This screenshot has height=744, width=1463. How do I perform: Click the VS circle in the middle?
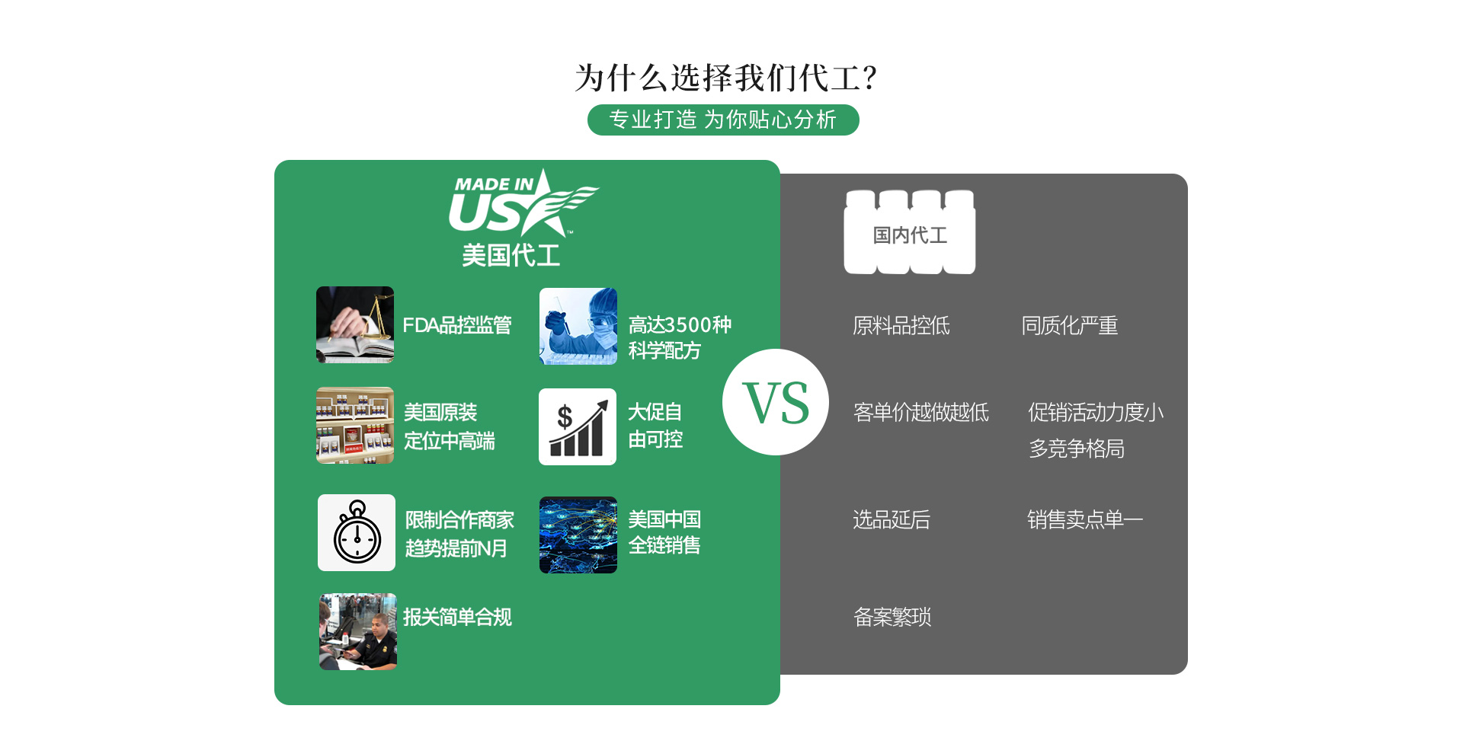(x=776, y=402)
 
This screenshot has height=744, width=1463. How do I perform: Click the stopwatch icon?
(x=357, y=532)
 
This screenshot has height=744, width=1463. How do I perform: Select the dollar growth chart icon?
(x=578, y=426)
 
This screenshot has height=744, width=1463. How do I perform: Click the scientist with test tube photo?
(x=578, y=326)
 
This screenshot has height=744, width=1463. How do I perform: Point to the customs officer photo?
(x=357, y=631)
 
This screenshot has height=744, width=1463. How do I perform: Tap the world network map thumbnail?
(x=578, y=535)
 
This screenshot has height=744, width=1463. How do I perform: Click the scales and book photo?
(x=355, y=324)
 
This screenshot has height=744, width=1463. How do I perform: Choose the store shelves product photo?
(x=355, y=425)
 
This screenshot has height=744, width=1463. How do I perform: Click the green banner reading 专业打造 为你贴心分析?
(x=723, y=120)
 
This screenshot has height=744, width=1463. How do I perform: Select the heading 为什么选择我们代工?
(x=725, y=78)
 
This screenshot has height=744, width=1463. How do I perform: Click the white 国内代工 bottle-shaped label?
(x=910, y=233)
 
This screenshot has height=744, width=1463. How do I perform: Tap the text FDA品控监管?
(x=457, y=326)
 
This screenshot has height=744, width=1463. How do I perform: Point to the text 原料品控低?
(x=901, y=326)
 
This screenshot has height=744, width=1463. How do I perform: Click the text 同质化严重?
(x=1070, y=326)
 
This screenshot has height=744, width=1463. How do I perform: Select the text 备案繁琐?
(x=892, y=617)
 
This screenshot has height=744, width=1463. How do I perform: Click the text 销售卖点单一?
(x=1084, y=520)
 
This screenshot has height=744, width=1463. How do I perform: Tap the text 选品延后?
(x=892, y=520)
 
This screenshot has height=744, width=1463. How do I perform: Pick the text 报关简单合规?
(x=457, y=617)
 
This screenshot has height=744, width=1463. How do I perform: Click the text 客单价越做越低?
(x=921, y=413)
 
